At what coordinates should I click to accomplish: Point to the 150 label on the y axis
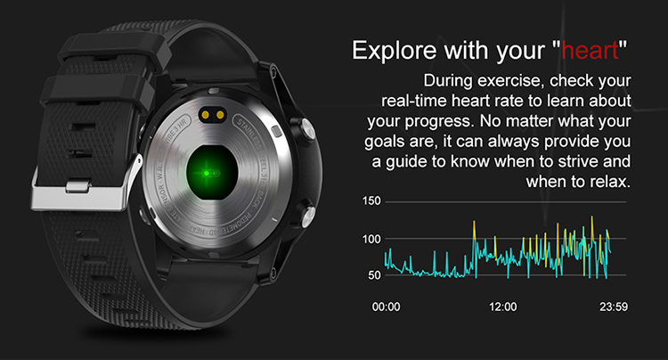(372, 202)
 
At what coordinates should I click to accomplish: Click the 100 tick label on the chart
(372, 239)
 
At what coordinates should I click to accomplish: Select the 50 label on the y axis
(375, 275)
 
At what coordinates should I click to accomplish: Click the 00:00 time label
(386, 307)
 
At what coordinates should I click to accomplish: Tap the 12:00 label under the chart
(503, 307)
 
